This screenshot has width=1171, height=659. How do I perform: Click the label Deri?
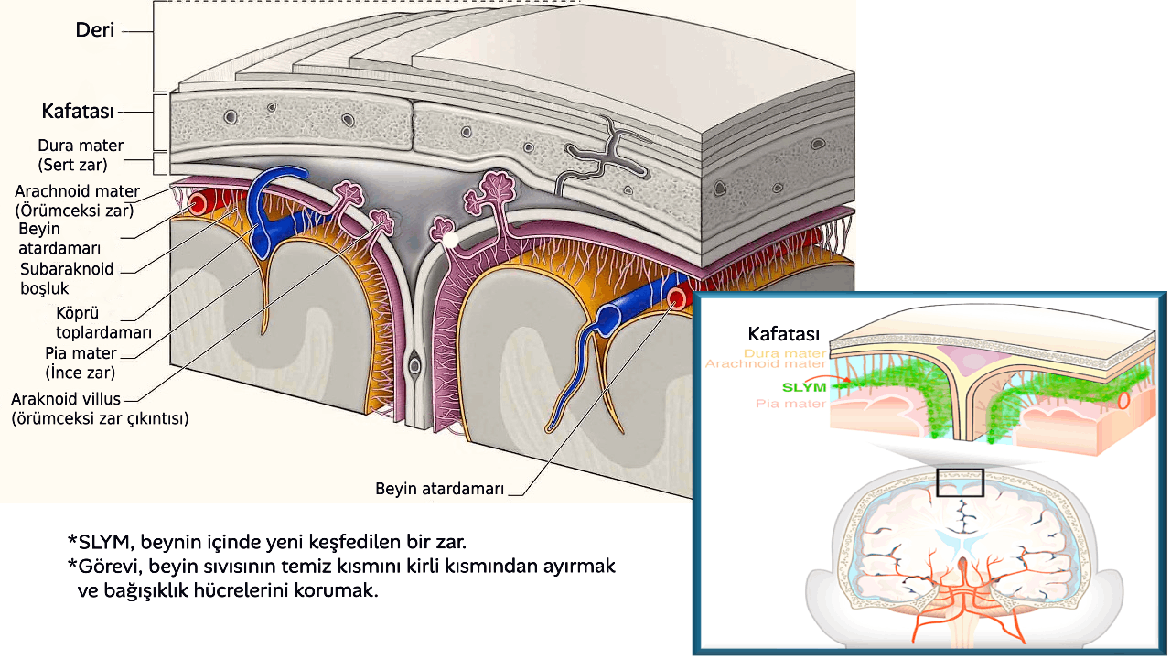[x=95, y=30]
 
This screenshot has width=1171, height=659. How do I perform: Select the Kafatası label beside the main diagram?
[x=78, y=112]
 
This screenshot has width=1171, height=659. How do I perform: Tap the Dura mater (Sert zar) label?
[x=81, y=155]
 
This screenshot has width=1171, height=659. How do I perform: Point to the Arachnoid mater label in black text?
[x=78, y=200]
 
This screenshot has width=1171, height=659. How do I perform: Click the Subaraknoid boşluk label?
[x=67, y=278]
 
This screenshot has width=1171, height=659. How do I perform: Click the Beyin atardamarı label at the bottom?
[x=440, y=489]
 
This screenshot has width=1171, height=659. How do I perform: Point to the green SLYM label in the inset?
[x=806, y=387]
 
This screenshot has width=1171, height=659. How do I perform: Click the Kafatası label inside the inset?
[x=783, y=333]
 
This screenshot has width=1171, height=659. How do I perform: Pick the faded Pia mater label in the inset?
[x=792, y=404]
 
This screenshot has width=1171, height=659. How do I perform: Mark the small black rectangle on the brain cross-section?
[x=960, y=482]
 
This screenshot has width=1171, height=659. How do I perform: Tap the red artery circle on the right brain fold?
[x=678, y=297]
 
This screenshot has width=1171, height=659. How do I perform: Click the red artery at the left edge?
[x=195, y=204]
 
